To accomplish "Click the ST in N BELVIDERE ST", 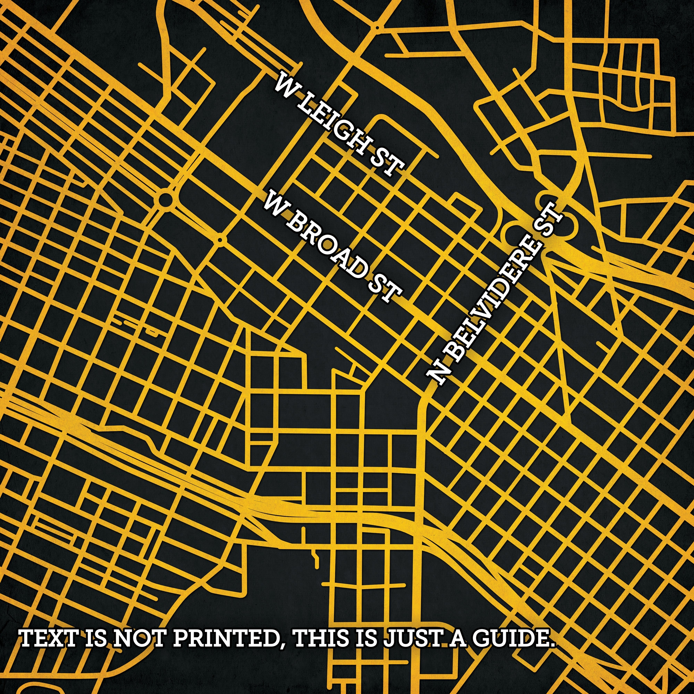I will tap(548, 221).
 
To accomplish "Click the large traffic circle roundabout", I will tap(164, 198).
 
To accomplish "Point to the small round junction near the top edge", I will tap(377, 27).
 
